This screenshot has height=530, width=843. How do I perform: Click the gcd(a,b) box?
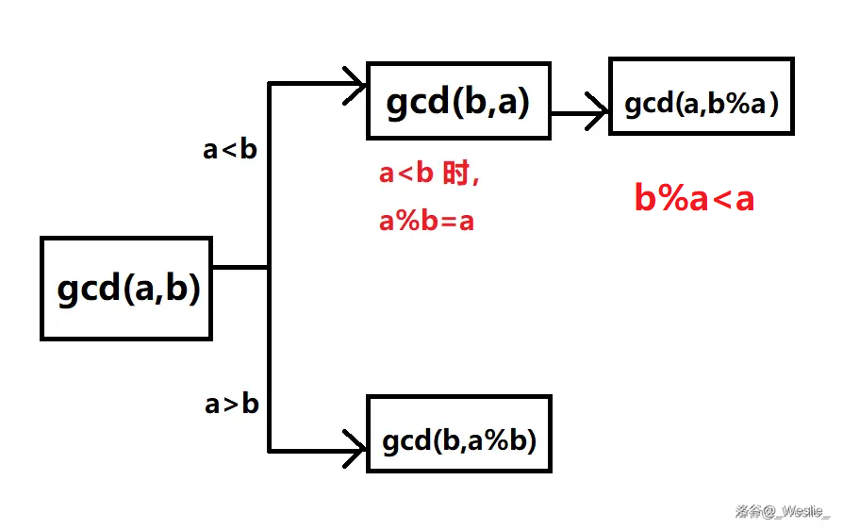point(125,288)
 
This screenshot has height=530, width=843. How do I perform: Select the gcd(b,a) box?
point(457,101)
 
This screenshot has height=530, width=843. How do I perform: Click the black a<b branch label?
point(230,149)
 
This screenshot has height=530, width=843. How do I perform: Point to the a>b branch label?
point(231,404)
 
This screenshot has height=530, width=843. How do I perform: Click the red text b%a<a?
point(694,198)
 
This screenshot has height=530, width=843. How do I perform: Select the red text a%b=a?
point(426,222)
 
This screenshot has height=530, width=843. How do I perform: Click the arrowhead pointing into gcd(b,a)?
point(356,83)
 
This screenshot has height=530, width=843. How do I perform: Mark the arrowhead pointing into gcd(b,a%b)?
point(356,449)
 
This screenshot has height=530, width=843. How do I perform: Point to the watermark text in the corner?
point(783,512)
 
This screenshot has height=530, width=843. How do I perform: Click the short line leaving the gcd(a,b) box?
point(240,267)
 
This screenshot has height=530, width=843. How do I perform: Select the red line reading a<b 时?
point(429,174)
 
